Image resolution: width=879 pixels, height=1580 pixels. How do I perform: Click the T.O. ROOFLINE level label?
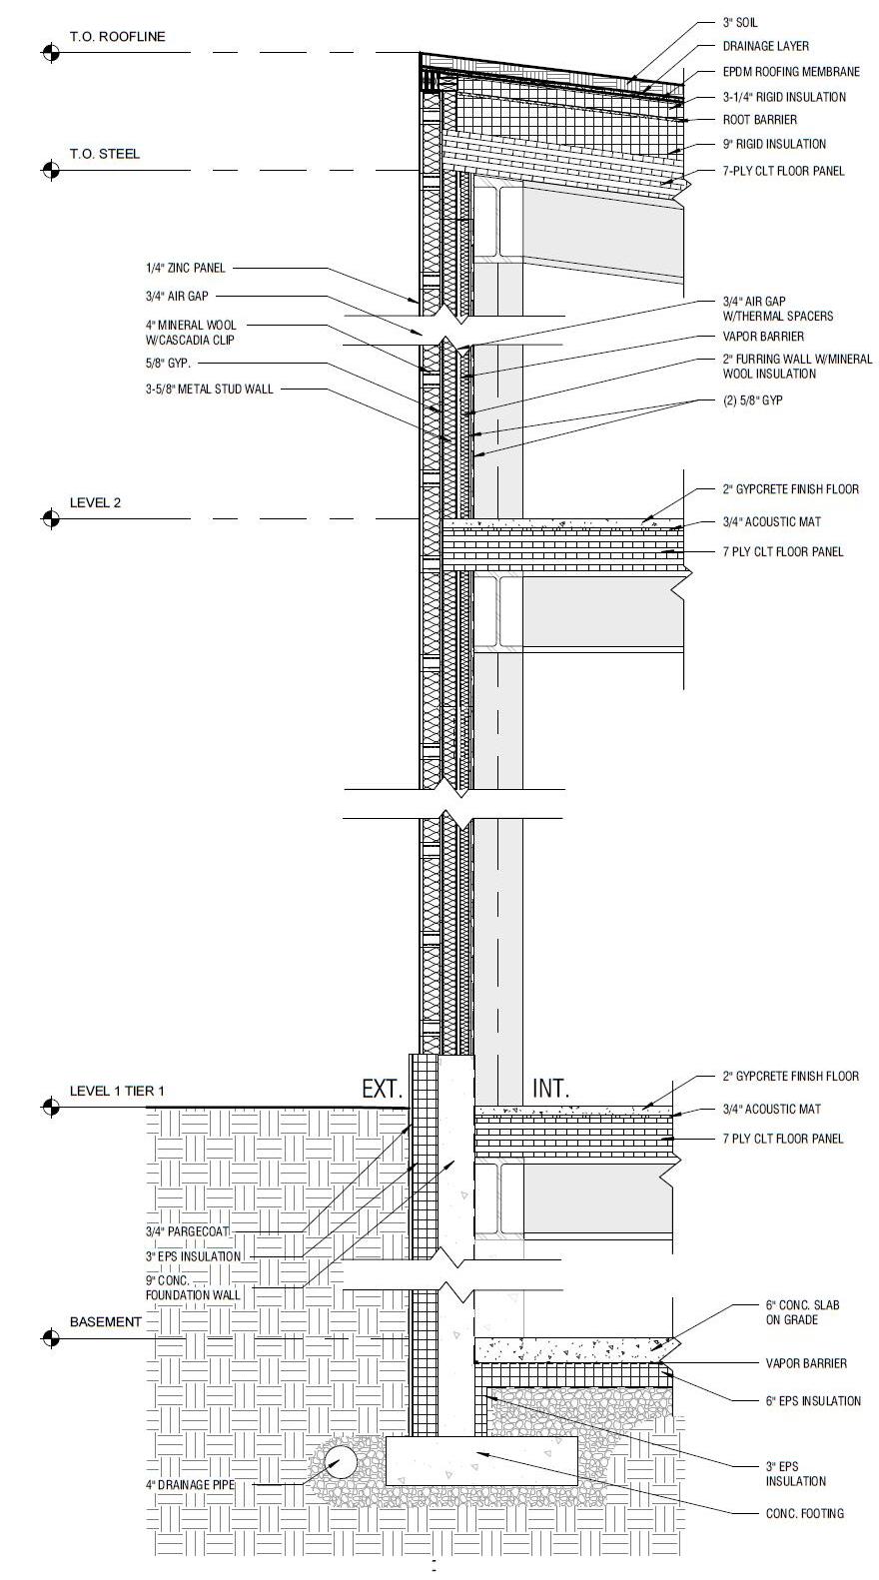pos(117,37)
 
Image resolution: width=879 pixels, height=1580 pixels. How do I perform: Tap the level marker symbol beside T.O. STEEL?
pos(50,170)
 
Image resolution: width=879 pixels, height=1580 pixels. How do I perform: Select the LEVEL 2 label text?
pos(95,502)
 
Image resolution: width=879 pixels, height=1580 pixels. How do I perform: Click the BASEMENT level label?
pos(106,1321)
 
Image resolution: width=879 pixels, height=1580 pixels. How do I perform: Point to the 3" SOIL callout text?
pos(740,22)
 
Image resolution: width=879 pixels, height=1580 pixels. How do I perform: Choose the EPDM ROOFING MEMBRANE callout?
pos(790,72)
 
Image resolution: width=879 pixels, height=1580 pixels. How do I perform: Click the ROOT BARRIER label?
pos(760,120)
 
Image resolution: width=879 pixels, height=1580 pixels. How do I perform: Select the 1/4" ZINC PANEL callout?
pos(186,268)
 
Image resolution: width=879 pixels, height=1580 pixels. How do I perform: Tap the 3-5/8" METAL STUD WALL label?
pos(209,389)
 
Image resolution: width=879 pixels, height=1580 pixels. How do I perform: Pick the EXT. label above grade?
pos(382,1089)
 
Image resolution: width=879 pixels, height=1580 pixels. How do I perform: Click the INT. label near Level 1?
pos(549,1089)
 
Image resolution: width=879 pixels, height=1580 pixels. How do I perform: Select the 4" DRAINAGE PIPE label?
pos(190,1485)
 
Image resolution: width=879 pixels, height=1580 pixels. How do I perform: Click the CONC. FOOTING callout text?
pos(804,1513)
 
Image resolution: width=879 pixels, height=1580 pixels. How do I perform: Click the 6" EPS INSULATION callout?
pos(813,1401)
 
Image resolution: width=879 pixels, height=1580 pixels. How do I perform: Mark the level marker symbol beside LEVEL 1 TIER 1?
pos(50,1107)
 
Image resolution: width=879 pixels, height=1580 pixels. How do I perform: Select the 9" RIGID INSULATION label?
pos(774,144)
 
